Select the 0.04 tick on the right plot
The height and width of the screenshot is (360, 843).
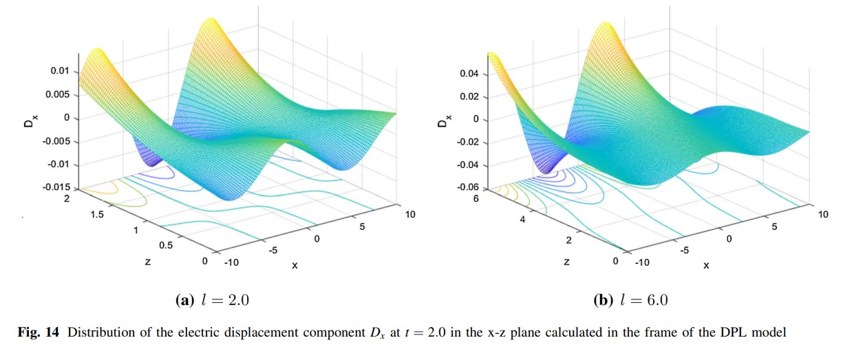469,74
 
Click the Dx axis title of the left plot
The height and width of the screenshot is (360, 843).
32,120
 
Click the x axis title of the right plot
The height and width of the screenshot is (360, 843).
705,264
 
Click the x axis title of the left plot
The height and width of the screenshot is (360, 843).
295,265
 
